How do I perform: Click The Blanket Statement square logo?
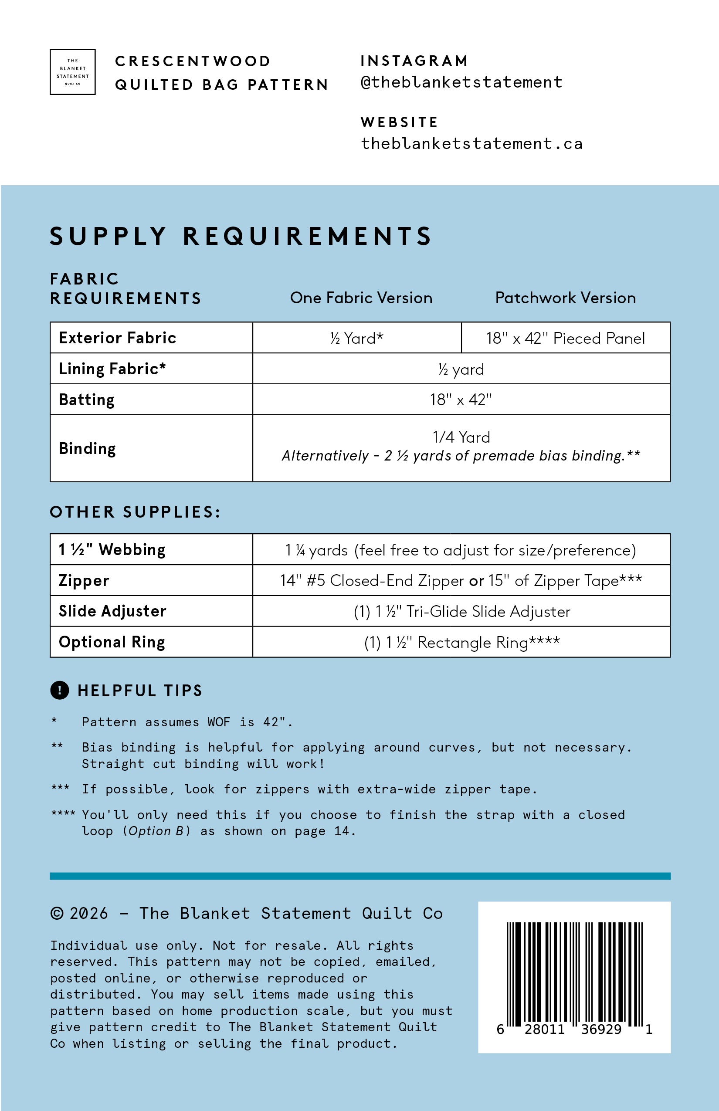point(72,72)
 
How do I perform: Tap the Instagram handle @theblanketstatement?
point(461,82)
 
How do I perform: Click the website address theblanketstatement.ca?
point(471,144)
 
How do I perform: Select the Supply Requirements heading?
point(241,236)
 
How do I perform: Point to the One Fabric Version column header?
point(361,298)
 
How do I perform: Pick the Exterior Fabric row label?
point(117,338)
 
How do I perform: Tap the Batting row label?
point(86,400)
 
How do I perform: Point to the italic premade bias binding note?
point(461,456)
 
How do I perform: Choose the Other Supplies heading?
point(135,512)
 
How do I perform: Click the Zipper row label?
point(84,580)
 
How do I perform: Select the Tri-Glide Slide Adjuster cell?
point(462,612)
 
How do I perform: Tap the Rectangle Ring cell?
point(462,642)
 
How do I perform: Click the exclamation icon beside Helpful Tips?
point(59,690)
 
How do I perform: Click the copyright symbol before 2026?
point(57,913)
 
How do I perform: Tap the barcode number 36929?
point(601,1029)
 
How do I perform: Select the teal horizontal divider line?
point(360,876)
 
